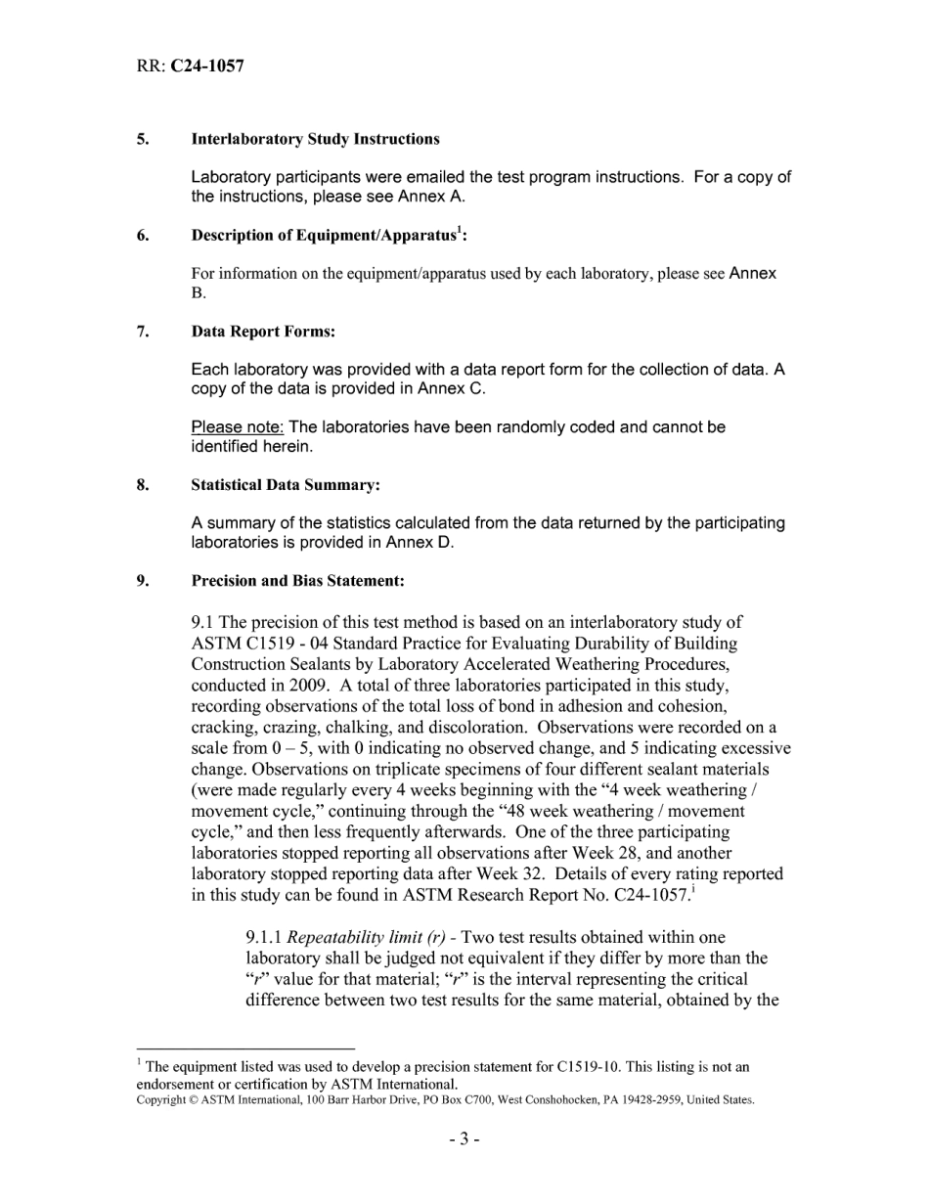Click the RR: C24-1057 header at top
[x=190, y=67]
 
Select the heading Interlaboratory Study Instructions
[x=315, y=139]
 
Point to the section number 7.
[x=142, y=332]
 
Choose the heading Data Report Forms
[x=263, y=332]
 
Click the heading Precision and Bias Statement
[x=297, y=581]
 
